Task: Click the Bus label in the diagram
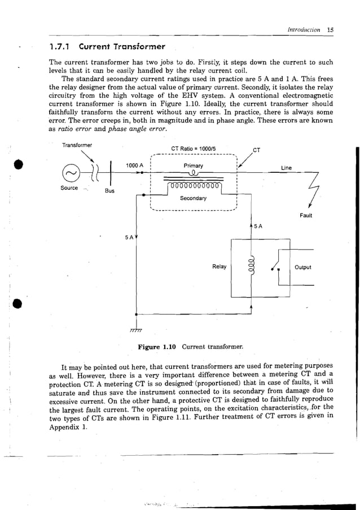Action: pyautogui.click(x=109, y=191)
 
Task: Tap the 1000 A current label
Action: pyautogui.click(x=136, y=165)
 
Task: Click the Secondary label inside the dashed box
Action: pyautogui.click(x=193, y=198)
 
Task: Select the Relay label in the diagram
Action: pyautogui.click(x=219, y=267)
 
